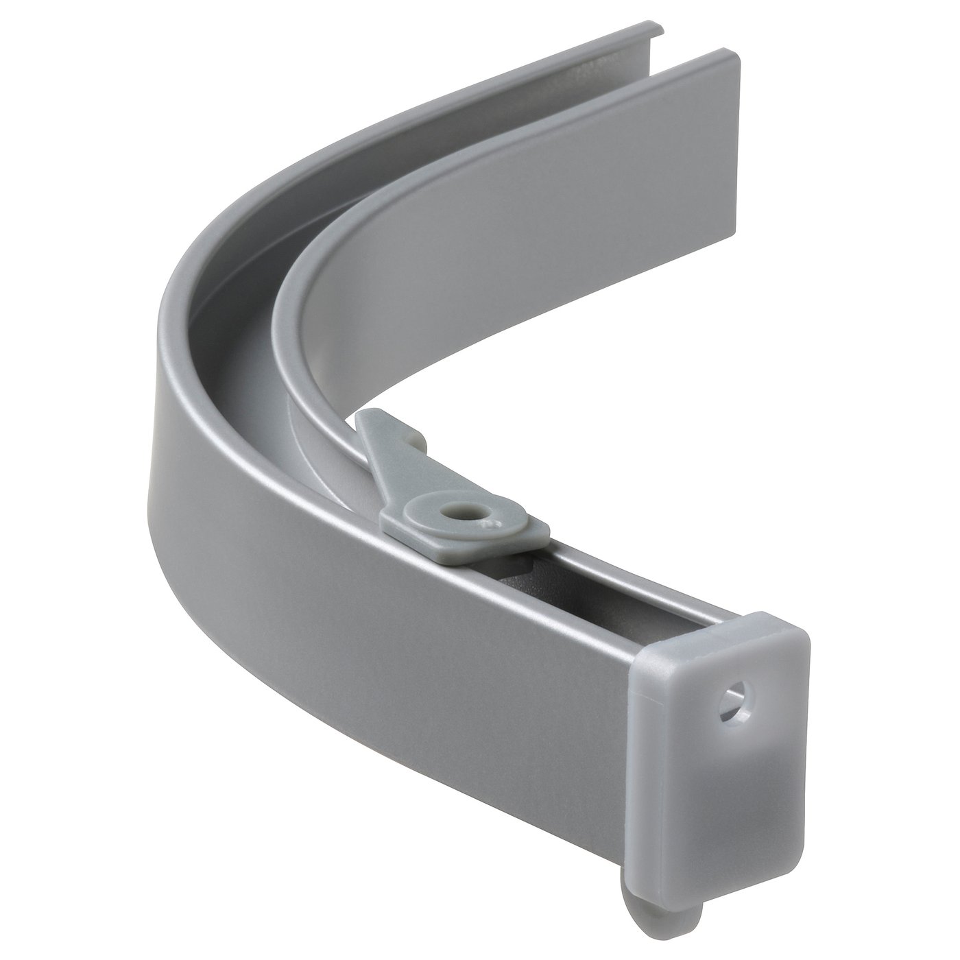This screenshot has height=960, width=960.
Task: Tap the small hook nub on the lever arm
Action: [412, 431]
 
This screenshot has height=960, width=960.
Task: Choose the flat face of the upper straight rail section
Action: [617, 171]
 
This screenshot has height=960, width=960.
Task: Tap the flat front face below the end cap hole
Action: [727, 789]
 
